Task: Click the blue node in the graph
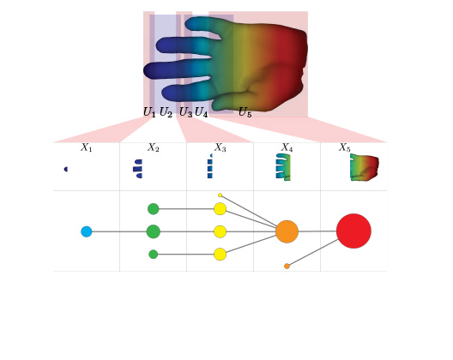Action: pyautogui.click(x=87, y=231)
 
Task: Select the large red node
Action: pyautogui.click(x=353, y=231)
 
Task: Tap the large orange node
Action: pyautogui.click(x=287, y=231)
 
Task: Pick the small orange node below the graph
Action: pyautogui.click(x=287, y=267)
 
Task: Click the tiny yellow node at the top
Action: pyautogui.click(x=220, y=195)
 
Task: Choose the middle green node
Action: pyautogui.click(x=153, y=231)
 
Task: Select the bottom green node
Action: pyautogui.click(x=153, y=255)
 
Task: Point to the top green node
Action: pyautogui.click(x=153, y=209)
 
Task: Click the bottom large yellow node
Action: pyautogui.click(x=220, y=255)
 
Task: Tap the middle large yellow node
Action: pyautogui.click(x=220, y=231)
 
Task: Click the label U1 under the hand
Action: pyautogui.click(x=149, y=112)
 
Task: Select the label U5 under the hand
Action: pyautogui.click(x=245, y=112)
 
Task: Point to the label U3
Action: pyautogui.click(x=185, y=112)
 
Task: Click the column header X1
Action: pyautogui.click(x=86, y=147)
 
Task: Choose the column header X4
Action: pyautogui.click(x=287, y=147)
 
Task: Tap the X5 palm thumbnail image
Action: pyautogui.click(x=364, y=167)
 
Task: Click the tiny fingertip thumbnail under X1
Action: pyautogui.click(x=66, y=169)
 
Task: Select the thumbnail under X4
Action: pyautogui.click(x=283, y=167)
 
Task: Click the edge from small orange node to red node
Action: pyautogui.click(x=313, y=253)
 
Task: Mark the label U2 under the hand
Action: pyautogui.click(x=166, y=112)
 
